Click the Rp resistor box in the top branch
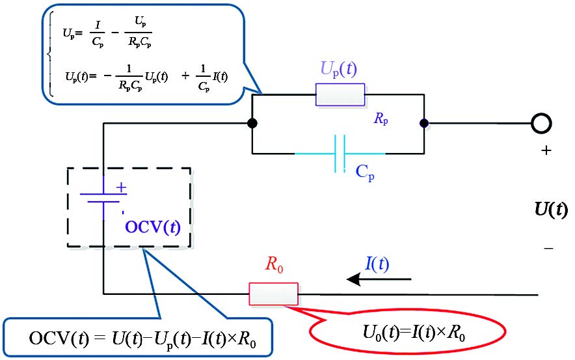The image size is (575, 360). point(340,94)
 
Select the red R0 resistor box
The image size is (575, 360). point(273,294)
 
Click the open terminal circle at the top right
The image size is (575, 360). point(541,122)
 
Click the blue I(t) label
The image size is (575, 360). point(377,263)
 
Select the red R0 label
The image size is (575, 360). point(273,265)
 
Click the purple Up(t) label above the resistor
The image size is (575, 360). point(339,70)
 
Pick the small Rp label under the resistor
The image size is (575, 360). point(381,118)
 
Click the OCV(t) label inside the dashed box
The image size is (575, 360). point(153,228)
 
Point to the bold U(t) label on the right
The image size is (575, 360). point(550,210)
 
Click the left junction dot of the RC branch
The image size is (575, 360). point(252,122)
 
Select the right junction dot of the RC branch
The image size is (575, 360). point(424,122)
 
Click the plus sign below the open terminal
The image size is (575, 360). point(546,151)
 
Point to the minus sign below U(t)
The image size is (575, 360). point(548,248)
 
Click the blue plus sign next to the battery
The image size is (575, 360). point(120,187)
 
